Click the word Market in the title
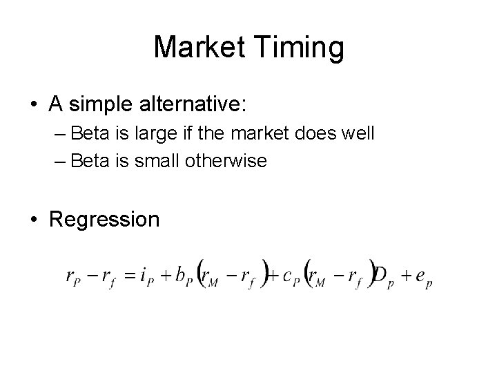coord(199,47)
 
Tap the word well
coord(359,133)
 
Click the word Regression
coord(104,220)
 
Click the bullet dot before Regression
coord(35,220)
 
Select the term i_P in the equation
coord(147,276)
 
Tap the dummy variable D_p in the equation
coord(382,276)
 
